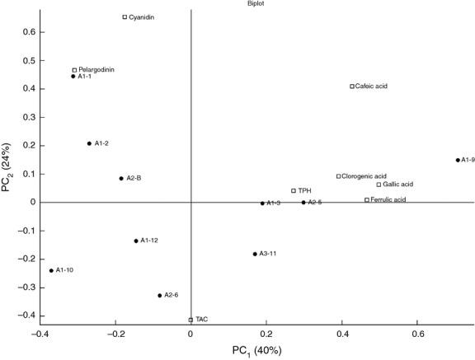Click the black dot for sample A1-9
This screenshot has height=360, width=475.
coord(458,160)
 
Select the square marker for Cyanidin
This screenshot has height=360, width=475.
coord(125,16)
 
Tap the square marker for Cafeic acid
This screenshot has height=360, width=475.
coord(352,86)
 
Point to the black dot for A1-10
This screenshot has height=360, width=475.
coord(51,270)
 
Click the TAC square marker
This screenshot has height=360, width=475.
coord(190,320)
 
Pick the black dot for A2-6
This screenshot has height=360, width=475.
coord(160,295)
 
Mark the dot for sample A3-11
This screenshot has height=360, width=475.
coord(255,254)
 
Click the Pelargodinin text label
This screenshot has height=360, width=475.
coord(96,70)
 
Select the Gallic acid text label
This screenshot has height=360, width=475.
coord(398,185)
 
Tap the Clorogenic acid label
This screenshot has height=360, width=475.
coord(364,176)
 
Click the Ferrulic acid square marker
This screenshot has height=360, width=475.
coord(367,199)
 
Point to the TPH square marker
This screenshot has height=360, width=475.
coord(294,190)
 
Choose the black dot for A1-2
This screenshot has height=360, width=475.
coord(89,143)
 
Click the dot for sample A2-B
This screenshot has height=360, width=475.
coord(121,178)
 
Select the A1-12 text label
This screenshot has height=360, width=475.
coord(149,241)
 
